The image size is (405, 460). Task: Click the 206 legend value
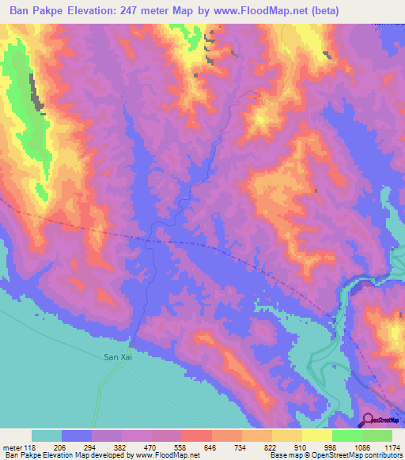click(62, 447)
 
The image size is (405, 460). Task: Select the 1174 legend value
click(392, 447)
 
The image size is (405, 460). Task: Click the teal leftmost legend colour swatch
click(47, 435)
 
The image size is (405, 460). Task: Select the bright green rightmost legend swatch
click(377, 435)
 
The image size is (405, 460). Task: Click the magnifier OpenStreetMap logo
click(369, 420)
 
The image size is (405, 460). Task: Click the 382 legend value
click(123, 447)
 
